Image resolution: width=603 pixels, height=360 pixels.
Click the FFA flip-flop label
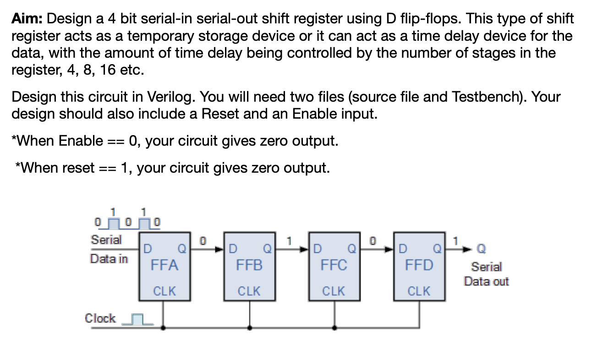164,265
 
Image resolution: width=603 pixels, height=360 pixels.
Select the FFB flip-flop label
249,265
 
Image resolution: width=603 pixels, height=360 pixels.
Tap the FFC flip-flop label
334,265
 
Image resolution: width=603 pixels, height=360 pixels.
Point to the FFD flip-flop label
419,265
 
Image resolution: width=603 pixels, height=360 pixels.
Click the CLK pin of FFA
164,291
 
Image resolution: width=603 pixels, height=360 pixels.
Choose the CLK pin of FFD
419,291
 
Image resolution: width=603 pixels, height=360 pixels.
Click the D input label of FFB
233,249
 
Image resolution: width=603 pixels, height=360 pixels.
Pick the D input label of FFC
318,249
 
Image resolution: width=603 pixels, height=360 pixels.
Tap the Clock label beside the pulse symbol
100,318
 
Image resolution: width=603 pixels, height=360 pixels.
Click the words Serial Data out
486,273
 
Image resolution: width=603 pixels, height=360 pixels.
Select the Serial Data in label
108,249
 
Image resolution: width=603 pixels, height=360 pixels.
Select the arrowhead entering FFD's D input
394,249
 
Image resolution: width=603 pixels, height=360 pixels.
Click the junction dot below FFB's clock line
249,327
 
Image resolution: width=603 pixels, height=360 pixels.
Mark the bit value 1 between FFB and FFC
289,240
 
